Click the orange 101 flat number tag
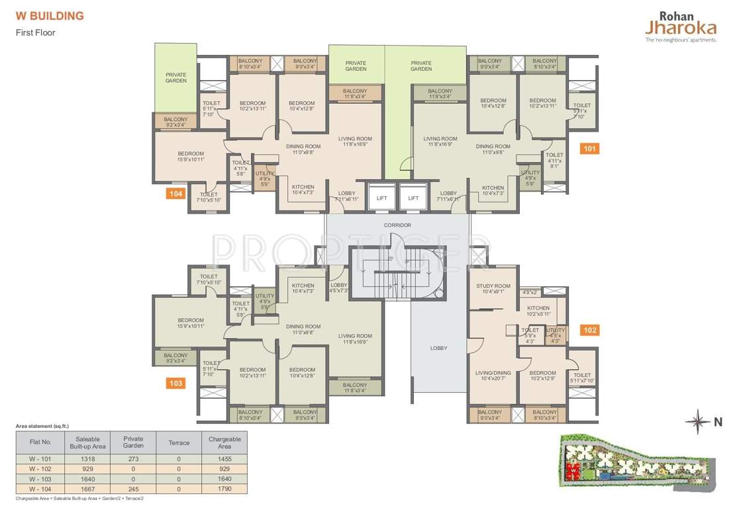(589, 149)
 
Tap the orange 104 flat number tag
(175, 194)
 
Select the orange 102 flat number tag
(589, 330)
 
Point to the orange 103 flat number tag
(175, 383)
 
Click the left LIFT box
(382, 198)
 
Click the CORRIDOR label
(397, 226)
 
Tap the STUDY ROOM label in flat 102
(493, 286)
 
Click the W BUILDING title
(50, 16)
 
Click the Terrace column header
(179, 443)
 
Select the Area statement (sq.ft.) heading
(42, 426)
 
